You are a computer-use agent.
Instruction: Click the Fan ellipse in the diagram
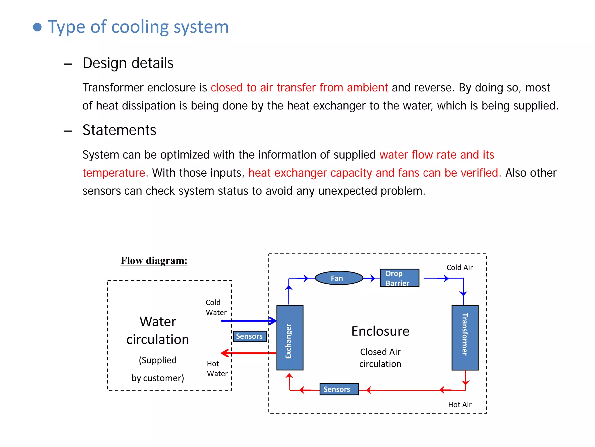pyautogui.click(x=339, y=278)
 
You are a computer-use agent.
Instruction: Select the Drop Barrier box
pyautogui.click(x=399, y=278)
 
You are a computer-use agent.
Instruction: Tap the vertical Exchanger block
pyautogui.click(x=290, y=338)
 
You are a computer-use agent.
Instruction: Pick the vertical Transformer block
pyautogui.click(x=465, y=338)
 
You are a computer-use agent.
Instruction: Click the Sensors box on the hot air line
pyautogui.click(x=339, y=389)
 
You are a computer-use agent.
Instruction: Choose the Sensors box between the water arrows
pyautogui.click(x=250, y=336)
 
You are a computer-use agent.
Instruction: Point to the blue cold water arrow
pyautogui.click(x=248, y=321)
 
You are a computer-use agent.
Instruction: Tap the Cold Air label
pyautogui.click(x=459, y=267)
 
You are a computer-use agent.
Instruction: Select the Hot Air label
pyautogui.click(x=460, y=405)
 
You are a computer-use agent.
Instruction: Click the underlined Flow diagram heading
pyautogui.click(x=154, y=260)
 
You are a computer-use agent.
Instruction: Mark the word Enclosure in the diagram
pyautogui.click(x=380, y=331)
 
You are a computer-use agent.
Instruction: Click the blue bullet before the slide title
pyautogui.click(x=37, y=27)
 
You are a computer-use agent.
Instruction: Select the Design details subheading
pyautogui.click(x=128, y=63)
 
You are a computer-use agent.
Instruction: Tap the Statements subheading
pyautogui.click(x=119, y=130)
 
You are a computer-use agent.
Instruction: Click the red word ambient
pyautogui.click(x=367, y=88)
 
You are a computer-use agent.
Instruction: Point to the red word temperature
pyautogui.click(x=114, y=173)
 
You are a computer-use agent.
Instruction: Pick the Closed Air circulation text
pyautogui.click(x=380, y=358)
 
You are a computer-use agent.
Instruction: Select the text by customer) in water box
pyautogui.click(x=158, y=378)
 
